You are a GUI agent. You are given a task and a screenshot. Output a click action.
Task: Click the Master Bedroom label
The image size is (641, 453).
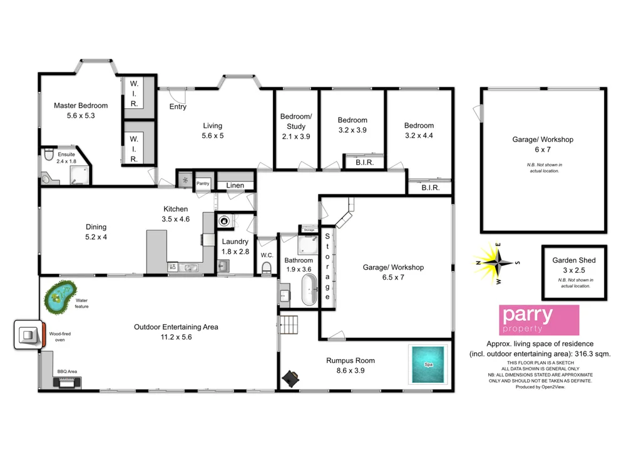click(81, 106)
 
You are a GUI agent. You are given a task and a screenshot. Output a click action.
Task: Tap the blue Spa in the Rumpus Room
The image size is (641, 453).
click(429, 364)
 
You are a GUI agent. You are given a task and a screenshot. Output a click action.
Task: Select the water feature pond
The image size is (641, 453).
click(59, 297)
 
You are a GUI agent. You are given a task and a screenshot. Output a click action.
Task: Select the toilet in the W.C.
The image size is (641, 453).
click(267, 268)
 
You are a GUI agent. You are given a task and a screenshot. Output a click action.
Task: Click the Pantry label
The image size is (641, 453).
click(203, 184)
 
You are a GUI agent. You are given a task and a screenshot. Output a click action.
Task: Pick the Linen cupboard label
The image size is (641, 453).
click(235, 185)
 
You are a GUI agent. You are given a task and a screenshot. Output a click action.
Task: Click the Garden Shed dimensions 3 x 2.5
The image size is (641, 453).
click(574, 270)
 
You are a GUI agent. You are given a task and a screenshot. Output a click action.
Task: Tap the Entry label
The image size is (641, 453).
click(178, 107)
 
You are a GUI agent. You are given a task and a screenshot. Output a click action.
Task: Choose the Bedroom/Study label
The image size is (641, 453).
click(296, 121)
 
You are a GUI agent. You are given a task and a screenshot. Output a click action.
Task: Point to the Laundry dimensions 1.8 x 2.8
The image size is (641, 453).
click(235, 251)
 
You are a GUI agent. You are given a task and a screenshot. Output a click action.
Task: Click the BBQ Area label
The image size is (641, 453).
click(67, 371)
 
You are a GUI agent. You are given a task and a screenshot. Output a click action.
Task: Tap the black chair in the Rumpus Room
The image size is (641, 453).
click(291, 377)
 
